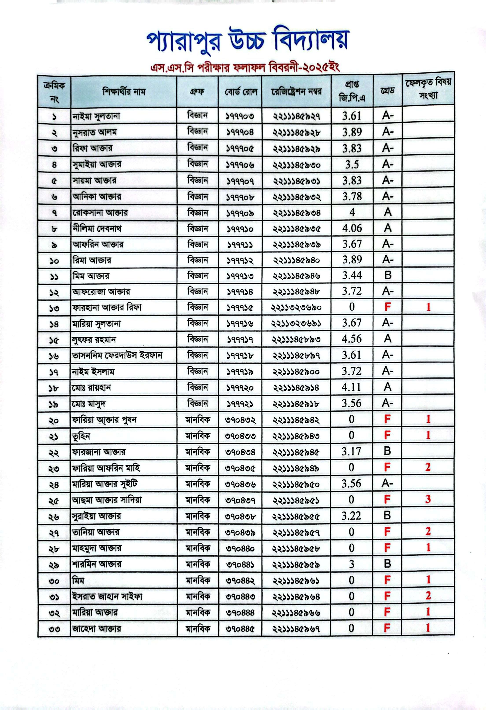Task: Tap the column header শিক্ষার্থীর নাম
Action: (x=124, y=92)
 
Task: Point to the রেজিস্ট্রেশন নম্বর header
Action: (x=296, y=92)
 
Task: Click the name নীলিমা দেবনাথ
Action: (x=97, y=229)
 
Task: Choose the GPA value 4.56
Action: (x=352, y=339)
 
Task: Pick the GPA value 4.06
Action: (x=352, y=228)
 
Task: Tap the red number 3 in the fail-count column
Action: (x=428, y=499)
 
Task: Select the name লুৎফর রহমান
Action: (x=94, y=339)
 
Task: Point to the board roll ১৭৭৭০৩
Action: (x=240, y=116)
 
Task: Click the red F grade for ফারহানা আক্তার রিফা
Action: (x=387, y=307)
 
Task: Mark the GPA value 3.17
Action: (x=351, y=451)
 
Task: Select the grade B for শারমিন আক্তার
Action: (x=387, y=564)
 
